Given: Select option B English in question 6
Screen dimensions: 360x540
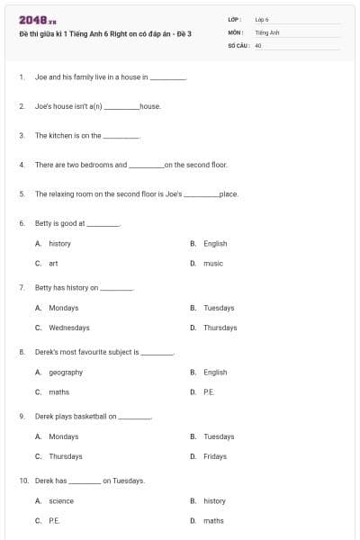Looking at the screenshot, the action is click(x=215, y=243).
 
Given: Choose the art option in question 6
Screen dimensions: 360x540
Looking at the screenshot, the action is click(x=53, y=264).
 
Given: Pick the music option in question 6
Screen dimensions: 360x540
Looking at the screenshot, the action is click(x=213, y=264).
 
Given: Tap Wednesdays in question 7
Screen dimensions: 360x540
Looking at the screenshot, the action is click(x=69, y=328).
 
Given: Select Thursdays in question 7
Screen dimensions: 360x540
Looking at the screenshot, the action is click(x=220, y=328).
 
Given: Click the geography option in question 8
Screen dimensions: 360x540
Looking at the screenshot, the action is click(x=66, y=372).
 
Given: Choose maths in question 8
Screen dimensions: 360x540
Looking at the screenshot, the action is click(x=58, y=392).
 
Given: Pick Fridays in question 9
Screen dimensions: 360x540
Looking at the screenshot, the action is click(x=215, y=456).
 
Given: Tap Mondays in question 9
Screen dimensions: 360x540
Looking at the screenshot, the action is click(x=64, y=436).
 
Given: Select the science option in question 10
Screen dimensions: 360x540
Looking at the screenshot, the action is click(x=61, y=500).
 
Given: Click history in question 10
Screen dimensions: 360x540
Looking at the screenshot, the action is click(x=215, y=500).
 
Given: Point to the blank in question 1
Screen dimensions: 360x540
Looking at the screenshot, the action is click(x=167, y=78).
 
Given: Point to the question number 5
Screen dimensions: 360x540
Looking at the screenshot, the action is click(x=21, y=193).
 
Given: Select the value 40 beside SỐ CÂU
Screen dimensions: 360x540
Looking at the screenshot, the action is click(x=258, y=44).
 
